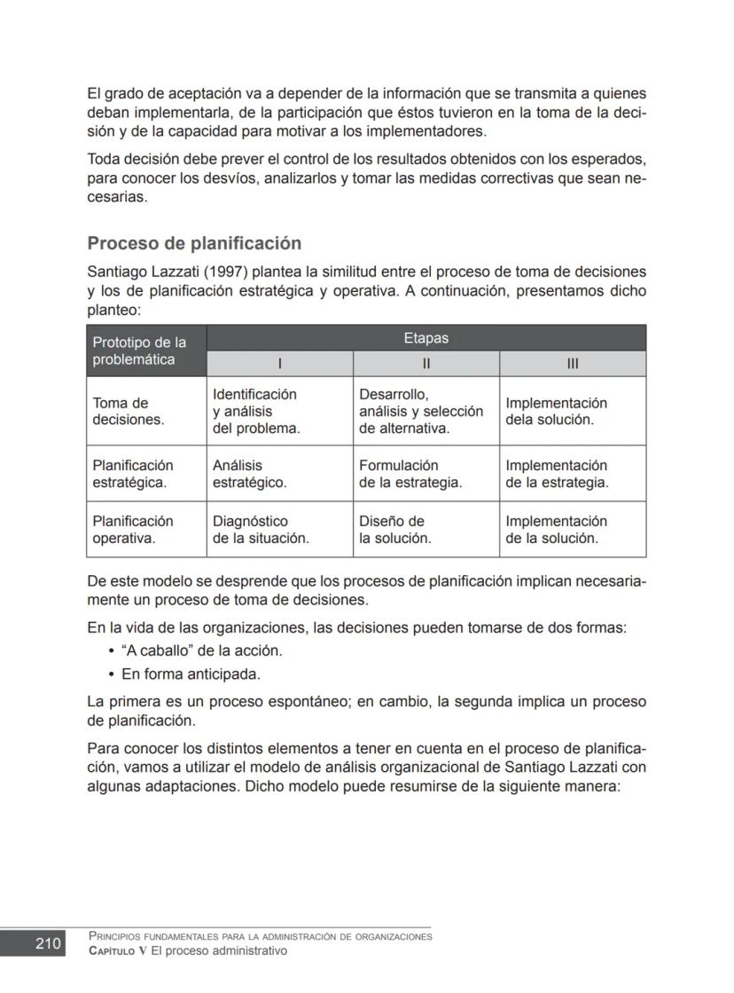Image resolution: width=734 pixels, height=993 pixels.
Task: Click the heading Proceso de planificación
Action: (194, 243)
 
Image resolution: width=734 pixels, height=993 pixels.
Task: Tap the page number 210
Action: (48, 943)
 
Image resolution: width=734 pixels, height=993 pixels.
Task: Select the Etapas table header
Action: (426, 338)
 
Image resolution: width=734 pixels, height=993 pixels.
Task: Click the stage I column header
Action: (279, 364)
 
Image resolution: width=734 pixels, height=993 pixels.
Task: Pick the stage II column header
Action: (426, 364)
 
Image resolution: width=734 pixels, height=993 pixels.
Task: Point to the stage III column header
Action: (572, 364)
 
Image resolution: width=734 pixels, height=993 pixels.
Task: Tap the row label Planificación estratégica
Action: (132, 474)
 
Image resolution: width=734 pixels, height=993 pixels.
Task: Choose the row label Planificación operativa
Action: (132, 530)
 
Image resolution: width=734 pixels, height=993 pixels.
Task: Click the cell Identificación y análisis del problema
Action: (255, 411)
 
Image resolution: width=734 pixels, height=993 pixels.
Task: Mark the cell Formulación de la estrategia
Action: (410, 474)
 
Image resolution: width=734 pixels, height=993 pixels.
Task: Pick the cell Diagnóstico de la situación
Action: (260, 530)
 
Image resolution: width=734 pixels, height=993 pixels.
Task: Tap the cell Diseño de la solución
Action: (394, 530)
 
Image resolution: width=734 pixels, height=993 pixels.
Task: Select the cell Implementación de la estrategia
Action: (557, 474)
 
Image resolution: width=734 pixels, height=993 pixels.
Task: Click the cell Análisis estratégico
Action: (249, 474)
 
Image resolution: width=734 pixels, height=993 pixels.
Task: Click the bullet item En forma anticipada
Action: (191, 674)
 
